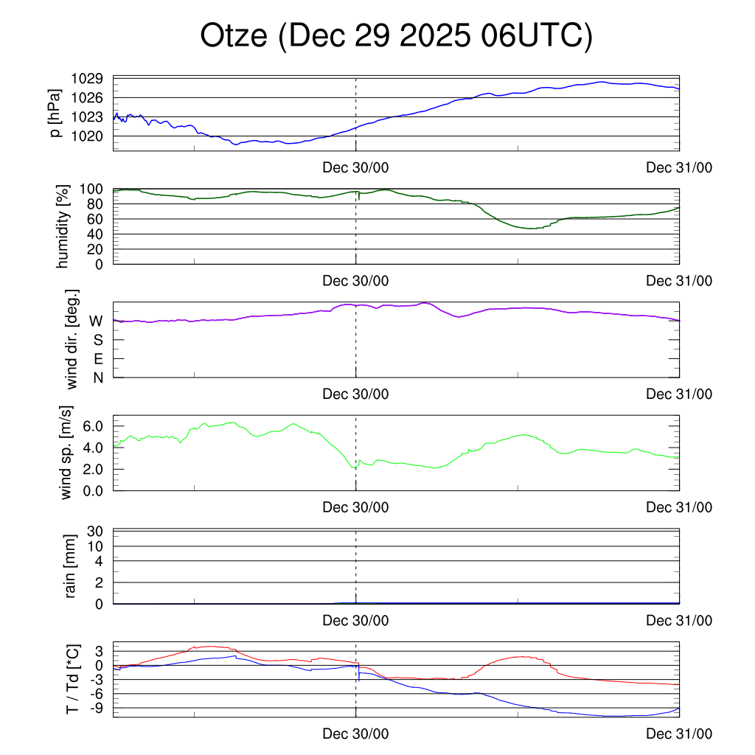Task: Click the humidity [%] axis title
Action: [63, 226]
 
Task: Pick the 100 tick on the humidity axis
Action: [94, 189]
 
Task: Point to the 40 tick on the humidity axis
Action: [98, 234]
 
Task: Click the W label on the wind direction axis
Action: [96, 321]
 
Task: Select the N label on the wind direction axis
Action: [98, 377]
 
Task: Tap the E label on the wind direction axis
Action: [98, 359]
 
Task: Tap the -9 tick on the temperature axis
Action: [98, 708]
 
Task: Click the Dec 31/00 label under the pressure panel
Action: [679, 167]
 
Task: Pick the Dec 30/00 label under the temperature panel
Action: [355, 734]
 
